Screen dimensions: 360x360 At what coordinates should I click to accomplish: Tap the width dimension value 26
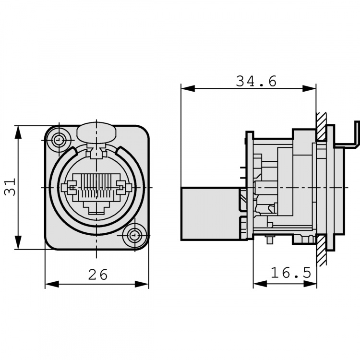point(98,275)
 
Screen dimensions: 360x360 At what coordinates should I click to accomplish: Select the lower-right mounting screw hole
point(133,236)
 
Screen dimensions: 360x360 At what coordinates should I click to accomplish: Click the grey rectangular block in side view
point(210,213)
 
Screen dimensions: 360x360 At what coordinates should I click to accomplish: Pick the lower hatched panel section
point(321,250)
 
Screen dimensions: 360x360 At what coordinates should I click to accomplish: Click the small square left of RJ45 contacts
point(72,186)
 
